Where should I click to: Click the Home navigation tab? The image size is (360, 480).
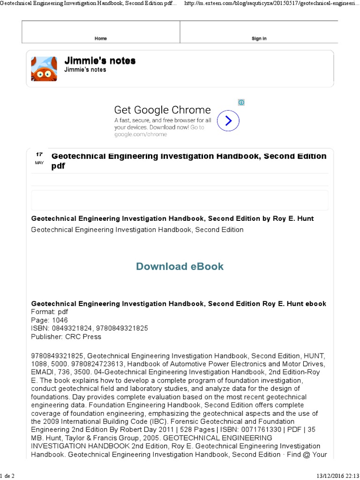(101, 38)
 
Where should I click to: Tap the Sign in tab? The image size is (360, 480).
(259, 38)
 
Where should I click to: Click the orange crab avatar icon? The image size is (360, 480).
(44, 68)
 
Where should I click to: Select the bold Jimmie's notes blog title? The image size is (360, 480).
(100, 61)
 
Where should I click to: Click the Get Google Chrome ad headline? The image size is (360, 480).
(162, 110)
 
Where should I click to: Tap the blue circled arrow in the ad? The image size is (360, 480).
(228, 121)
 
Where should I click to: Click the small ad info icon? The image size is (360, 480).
(241, 102)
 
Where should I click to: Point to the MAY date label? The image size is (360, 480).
(39, 163)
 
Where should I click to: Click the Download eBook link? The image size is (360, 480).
(180, 266)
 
